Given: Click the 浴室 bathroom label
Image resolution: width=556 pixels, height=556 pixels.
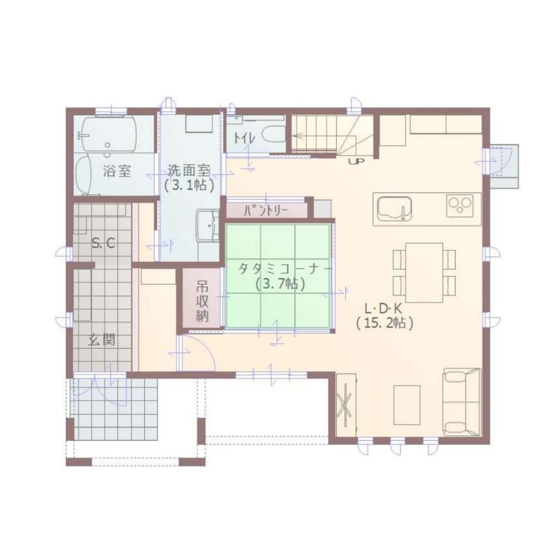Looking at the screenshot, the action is [117, 171].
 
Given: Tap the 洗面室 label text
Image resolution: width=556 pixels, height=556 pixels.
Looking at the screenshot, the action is [189, 171].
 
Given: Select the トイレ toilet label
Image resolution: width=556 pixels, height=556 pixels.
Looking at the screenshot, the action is [244, 138].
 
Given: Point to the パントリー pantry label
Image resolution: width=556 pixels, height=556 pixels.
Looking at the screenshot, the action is [266, 212].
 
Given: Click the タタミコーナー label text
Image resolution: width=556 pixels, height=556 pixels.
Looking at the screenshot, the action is [285, 269].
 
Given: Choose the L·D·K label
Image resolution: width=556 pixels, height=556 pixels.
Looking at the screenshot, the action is [384, 309].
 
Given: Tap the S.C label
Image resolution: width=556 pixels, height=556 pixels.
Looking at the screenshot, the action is [103, 243].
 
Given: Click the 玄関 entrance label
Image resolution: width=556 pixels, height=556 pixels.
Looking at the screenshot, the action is [102, 340].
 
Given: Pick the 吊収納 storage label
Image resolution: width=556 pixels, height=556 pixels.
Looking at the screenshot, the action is [202, 301].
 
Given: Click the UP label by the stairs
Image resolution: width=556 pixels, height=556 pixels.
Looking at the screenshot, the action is [356, 162].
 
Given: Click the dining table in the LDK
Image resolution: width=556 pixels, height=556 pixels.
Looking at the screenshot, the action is [424, 272].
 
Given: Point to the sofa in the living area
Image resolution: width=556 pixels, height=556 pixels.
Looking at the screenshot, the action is [462, 402].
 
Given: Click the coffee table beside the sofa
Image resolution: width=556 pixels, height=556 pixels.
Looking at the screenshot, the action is [407, 405].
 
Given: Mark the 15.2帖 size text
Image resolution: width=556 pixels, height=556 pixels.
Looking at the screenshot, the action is [385, 324].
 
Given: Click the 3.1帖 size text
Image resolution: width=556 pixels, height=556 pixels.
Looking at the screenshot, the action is [189, 185].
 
